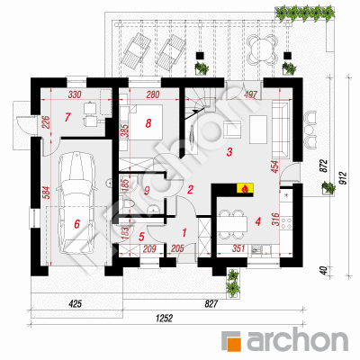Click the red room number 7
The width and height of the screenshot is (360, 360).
pyautogui.click(x=67, y=117)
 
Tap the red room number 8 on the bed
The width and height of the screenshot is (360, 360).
pyautogui.click(x=148, y=123)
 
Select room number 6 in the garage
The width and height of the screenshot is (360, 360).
pyautogui.click(x=77, y=224)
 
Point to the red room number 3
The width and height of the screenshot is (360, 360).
pyautogui.click(x=229, y=152)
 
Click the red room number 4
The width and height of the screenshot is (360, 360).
pyautogui.click(x=257, y=221)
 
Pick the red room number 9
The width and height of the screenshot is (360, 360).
pyautogui.click(x=147, y=191)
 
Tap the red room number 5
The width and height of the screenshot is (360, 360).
pyautogui.click(x=141, y=237)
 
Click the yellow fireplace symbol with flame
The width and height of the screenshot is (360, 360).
pyautogui.click(x=245, y=188)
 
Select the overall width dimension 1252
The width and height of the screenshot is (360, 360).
pyautogui.click(x=165, y=318)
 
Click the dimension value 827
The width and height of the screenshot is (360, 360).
pyautogui.click(x=211, y=304)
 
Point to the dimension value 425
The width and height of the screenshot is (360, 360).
pyautogui.click(x=75, y=304)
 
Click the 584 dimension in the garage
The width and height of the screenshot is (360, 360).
pyautogui.click(x=47, y=193)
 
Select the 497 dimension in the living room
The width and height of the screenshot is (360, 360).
pyautogui.click(x=250, y=94)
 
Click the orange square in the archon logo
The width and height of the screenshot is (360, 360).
pyautogui.click(x=231, y=341)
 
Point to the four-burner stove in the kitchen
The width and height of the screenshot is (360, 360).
pyautogui.click(x=286, y=223)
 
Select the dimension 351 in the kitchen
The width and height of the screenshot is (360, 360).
pyautogui.click(x=238, y=248)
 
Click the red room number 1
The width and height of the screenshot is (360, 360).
pyautogui.click(x=184, y=232)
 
